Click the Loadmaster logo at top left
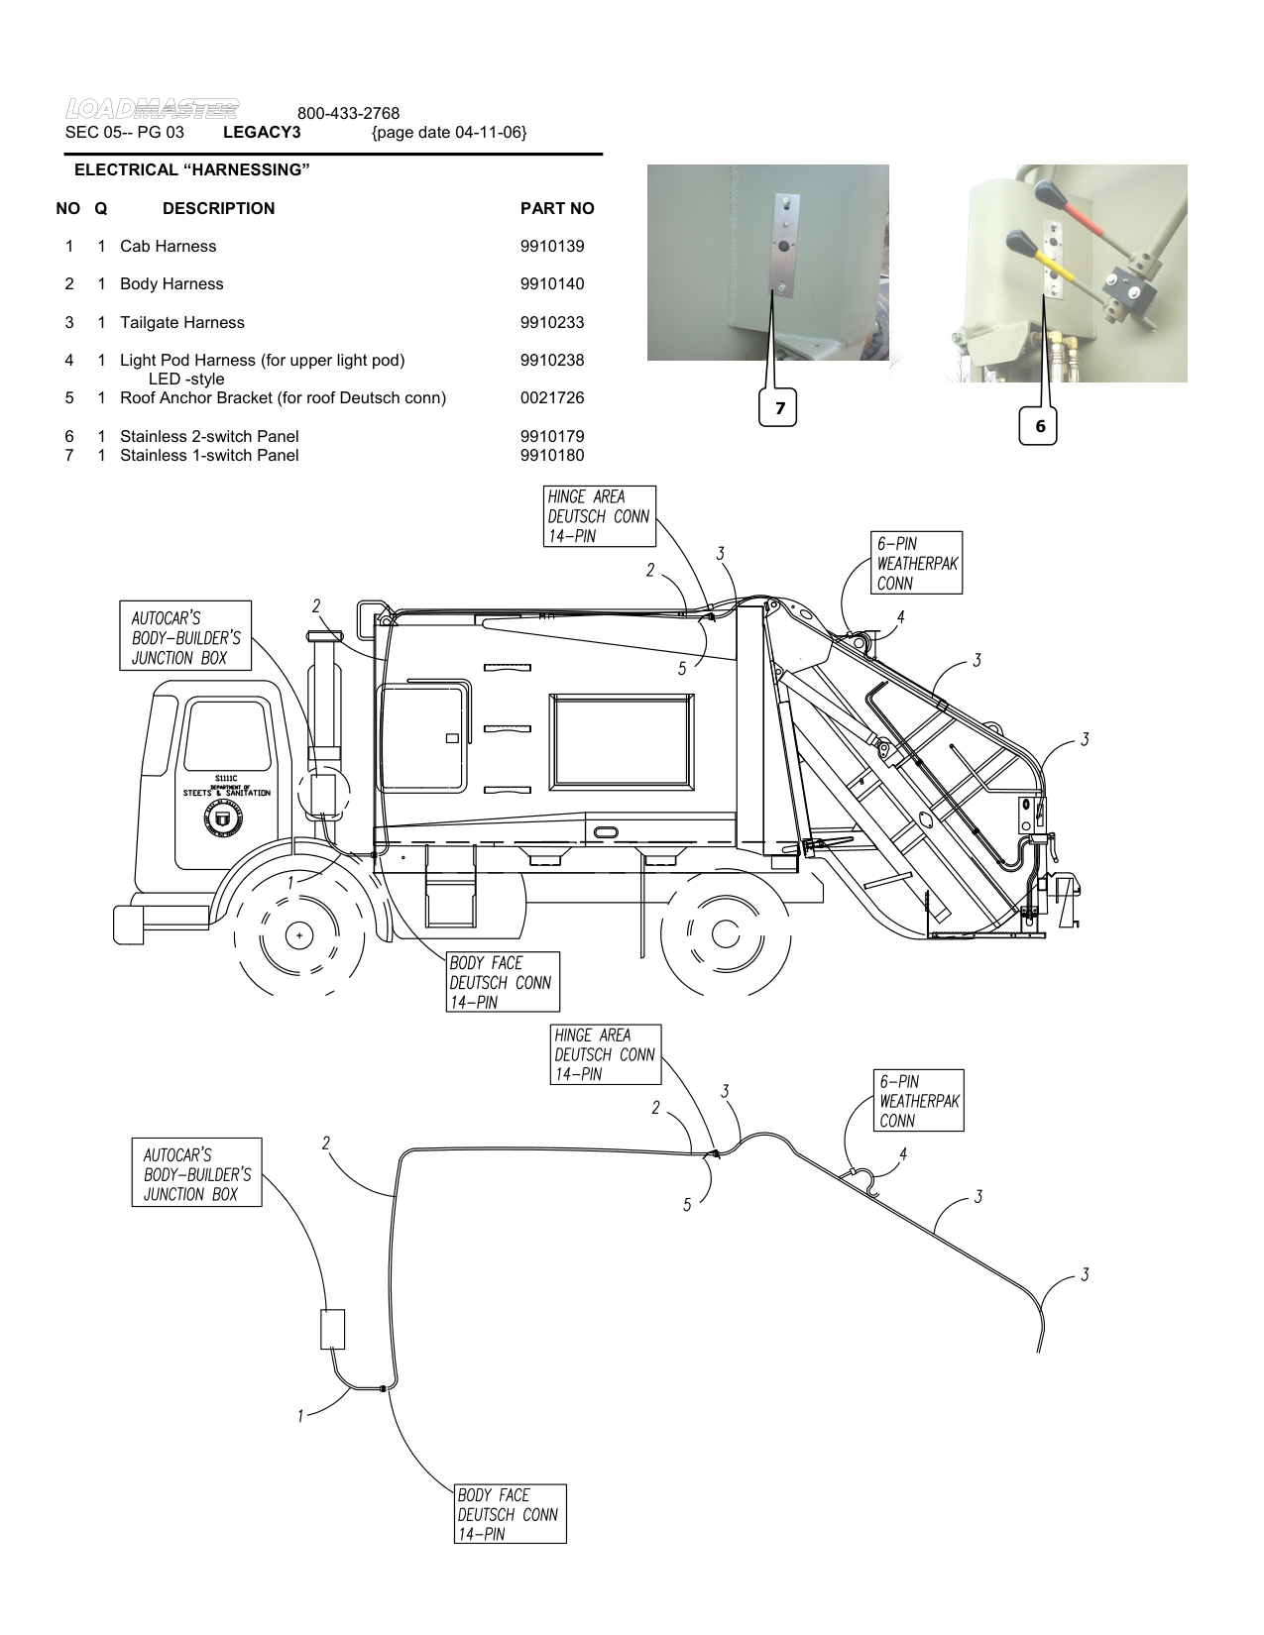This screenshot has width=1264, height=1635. coord(152,107)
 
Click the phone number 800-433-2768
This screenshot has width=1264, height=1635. coord(348,114)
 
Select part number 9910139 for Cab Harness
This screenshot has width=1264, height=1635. coord(552,246)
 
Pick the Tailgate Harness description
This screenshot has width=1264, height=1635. coord(181,322)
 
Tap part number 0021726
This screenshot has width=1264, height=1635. coord(552,398)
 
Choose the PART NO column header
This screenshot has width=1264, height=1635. coord(557,208)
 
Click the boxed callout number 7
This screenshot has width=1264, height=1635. coord(779,408)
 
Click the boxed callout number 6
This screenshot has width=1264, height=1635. coord(1040,426)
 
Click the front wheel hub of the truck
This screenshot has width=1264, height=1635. coord(298,933)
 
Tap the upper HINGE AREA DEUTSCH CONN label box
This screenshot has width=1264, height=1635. coord(600,516)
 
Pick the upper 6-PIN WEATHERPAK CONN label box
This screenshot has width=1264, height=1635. coord(917,564)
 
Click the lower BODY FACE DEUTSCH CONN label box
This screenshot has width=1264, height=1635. coord(508,1514)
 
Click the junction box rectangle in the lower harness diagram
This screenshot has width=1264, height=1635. coord(332,1330)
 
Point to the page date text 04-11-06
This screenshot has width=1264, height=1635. coord(449,132)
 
